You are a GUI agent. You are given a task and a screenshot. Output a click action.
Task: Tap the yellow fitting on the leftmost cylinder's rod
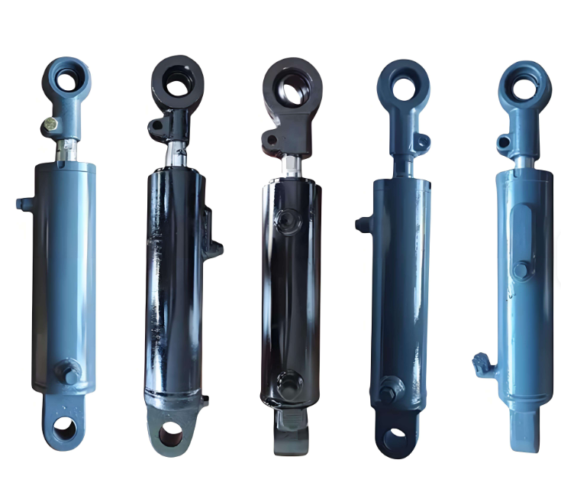point(50,123)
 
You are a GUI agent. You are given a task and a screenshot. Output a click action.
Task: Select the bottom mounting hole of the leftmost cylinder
point(65,429)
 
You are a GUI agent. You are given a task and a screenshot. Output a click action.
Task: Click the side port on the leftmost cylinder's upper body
point(22,203)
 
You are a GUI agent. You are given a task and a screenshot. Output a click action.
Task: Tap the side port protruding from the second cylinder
point(217,247)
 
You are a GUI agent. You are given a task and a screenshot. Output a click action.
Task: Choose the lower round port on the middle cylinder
point(289,382)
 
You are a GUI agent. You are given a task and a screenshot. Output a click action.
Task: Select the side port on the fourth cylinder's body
point(362,224)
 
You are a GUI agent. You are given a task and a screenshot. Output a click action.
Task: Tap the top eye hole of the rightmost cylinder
point(524,86)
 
